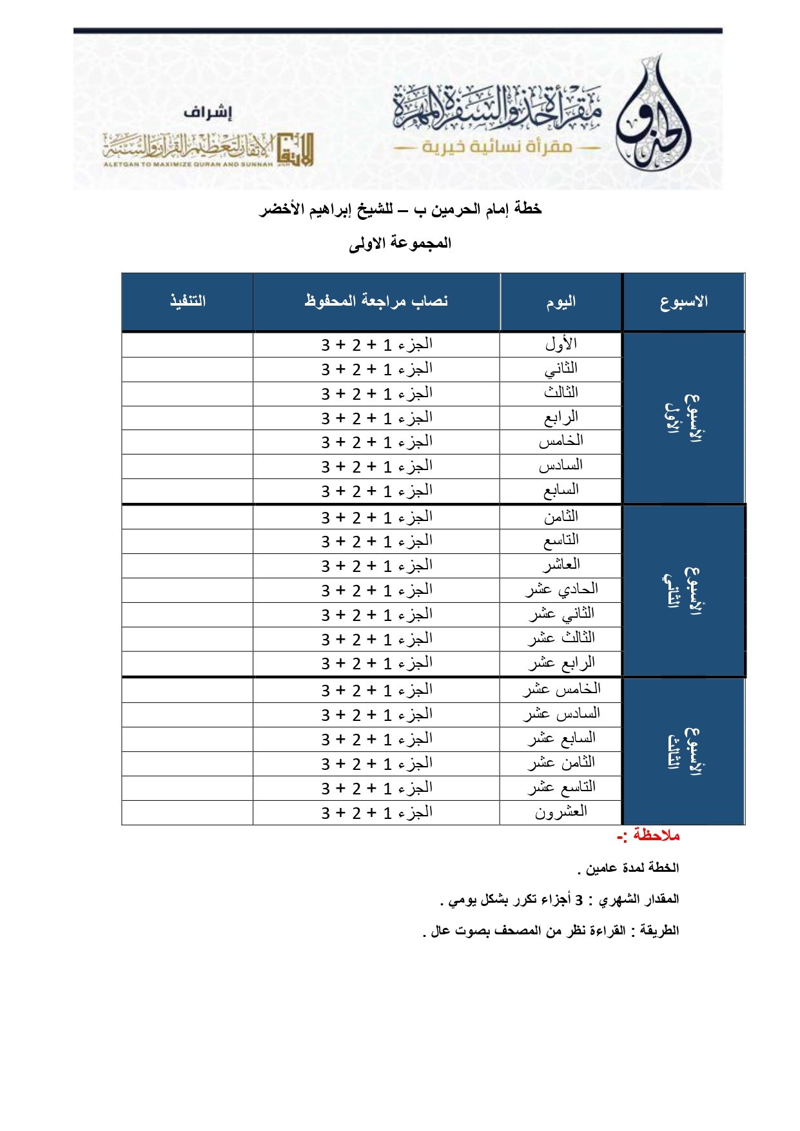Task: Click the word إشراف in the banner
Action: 207,113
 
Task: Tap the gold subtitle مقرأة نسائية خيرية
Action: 497,147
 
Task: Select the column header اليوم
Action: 561,302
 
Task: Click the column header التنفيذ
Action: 188,301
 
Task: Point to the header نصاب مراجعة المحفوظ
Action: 376,301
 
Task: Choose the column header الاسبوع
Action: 683,302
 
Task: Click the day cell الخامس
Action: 561,441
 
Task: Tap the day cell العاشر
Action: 561,565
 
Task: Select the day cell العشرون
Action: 561,812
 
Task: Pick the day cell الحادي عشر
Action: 561,589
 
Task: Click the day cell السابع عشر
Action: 561,738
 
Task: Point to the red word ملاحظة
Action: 656,836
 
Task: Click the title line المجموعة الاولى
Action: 400,244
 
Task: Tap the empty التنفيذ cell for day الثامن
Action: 188,517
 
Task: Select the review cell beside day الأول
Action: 376,345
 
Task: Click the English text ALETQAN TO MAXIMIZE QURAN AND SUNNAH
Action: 188,164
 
